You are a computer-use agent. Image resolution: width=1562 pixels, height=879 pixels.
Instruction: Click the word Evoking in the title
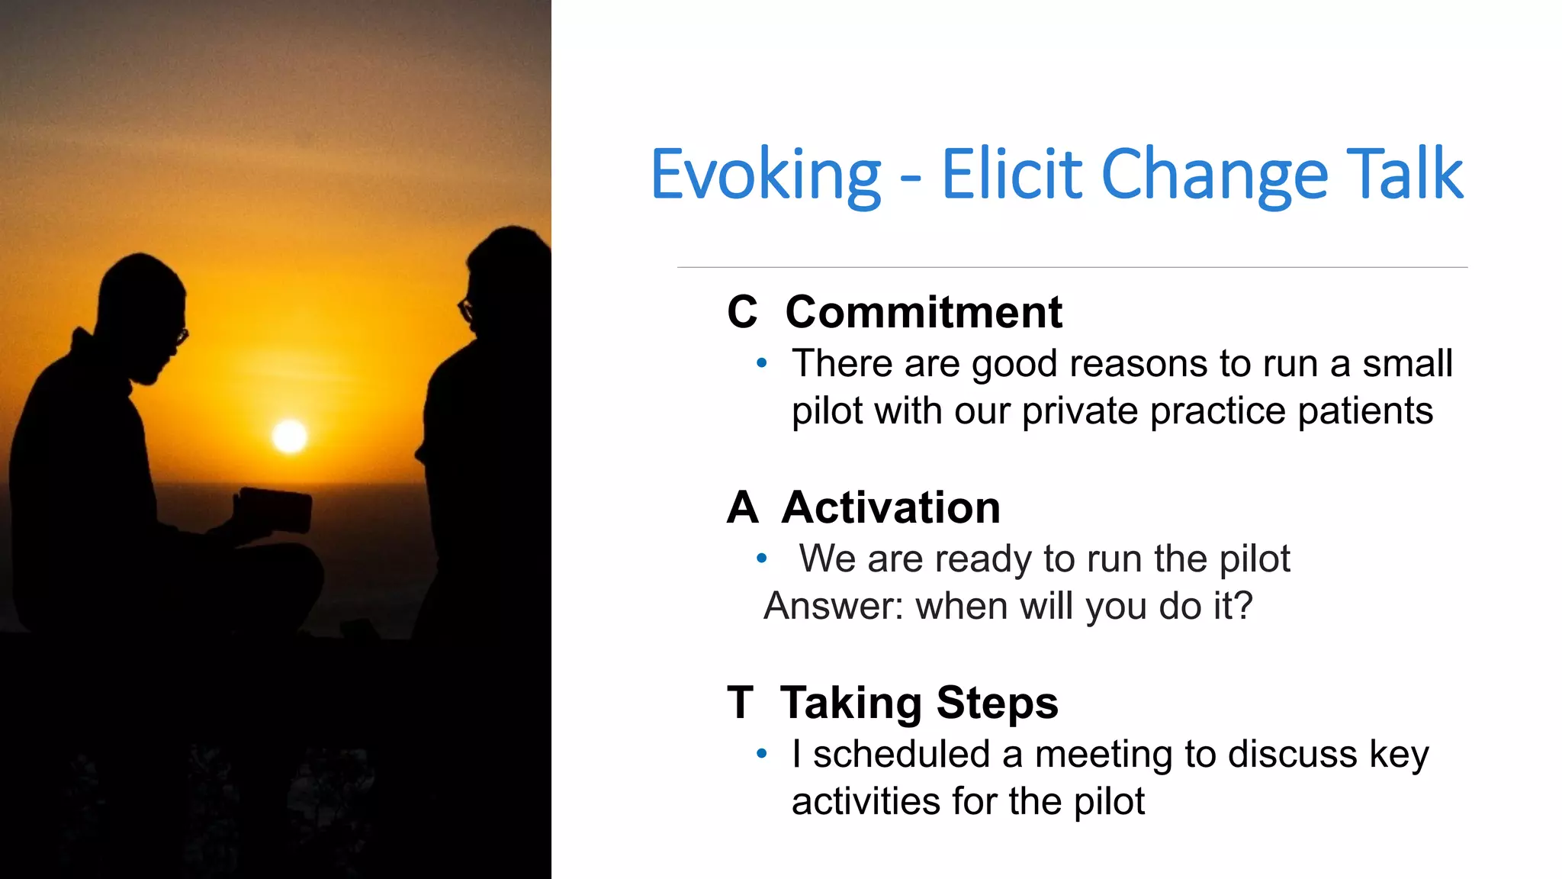tap(766, 175)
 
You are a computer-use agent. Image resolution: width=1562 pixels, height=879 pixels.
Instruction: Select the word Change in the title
tap(1214, 175)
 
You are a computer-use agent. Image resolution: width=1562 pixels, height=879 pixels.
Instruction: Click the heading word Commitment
tap(924, 312)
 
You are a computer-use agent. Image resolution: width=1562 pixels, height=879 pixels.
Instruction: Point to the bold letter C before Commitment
tap(742, 312)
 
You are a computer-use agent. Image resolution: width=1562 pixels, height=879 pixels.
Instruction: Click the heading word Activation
tap(891, 507)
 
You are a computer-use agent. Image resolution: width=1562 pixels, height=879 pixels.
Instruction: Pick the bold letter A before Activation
tap(742, 507)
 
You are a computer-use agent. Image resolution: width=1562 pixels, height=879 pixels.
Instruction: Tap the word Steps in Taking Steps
tap(997, 703)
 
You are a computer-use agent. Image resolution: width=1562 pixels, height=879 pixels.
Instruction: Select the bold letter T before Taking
tap(740, 703)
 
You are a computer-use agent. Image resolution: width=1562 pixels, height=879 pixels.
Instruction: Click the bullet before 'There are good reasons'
tap(761, 363)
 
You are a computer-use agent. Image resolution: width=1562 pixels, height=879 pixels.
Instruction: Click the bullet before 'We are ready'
tap(761, 559)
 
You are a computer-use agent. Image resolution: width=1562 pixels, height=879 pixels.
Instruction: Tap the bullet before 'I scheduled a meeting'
tap(761, 754)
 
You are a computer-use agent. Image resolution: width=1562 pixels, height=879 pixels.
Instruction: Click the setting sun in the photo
tap(290, 436)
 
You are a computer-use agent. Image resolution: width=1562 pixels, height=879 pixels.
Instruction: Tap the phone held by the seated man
tap(276, 510)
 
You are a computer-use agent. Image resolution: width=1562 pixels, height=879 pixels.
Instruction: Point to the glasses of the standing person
tap(464, 309)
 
